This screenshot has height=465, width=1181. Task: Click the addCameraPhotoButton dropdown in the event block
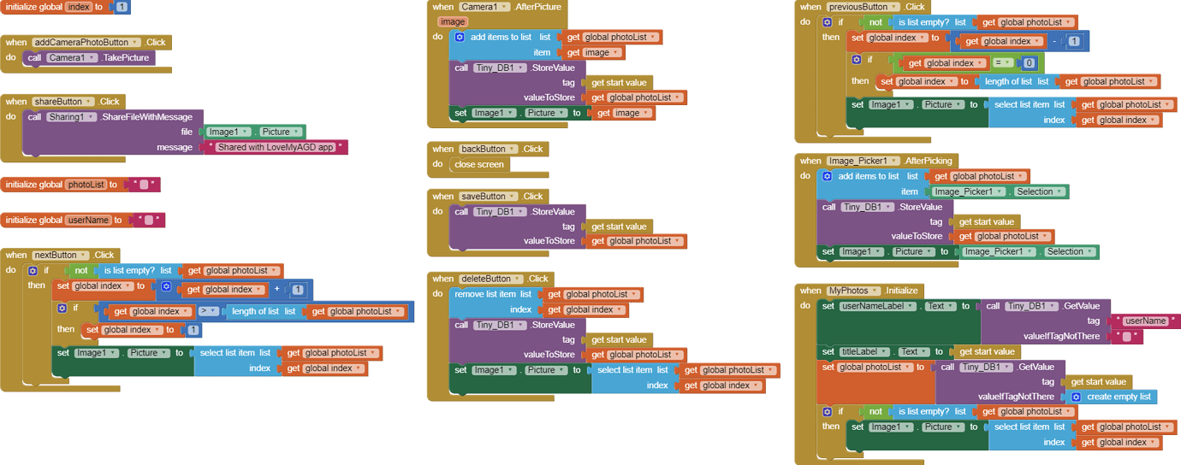(x=136, y=42)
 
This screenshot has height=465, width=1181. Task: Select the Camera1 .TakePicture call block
(x=99, y=58)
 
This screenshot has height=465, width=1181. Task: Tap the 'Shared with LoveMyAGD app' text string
(x=276, y=147)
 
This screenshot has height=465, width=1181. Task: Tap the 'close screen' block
(x=479, y=164)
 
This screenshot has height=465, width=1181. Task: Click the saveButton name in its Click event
(x=482, y=196)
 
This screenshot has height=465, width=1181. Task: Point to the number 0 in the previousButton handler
(x=1030, y=62)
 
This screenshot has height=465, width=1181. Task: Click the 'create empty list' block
(x=1118, y=397)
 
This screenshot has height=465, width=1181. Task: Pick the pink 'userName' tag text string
(x=1145, y=321)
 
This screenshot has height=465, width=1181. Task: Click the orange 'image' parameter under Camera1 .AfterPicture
(x=452, y=21)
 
